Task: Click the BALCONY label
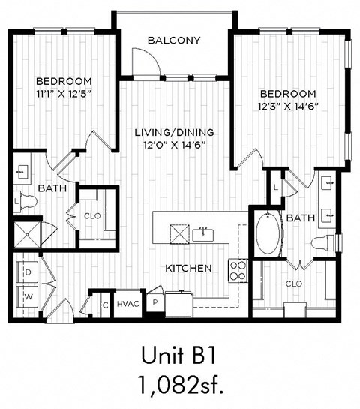pos(174,40)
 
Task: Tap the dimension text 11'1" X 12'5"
pos(64,93)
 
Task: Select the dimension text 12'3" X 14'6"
pos(287,106)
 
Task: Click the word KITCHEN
pos(188,268)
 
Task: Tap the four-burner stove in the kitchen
pos(238,270)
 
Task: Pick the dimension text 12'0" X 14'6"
pos(174,145)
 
